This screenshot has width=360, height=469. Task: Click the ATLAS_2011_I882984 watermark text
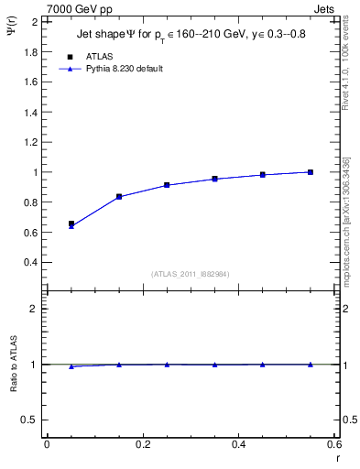pos(190,273)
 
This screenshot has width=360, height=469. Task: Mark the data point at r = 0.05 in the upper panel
pos(71,224)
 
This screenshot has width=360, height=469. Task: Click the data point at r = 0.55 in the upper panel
pos(311,172)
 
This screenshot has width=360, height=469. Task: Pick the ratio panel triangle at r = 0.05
pos(71,366)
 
